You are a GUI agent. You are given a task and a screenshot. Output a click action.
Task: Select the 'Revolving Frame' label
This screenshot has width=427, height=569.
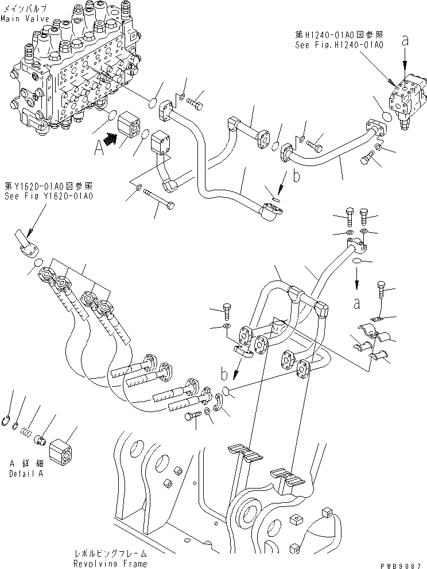tap(110, 563)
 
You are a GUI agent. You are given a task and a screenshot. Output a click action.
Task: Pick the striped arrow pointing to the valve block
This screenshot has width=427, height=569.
tap(110, 137)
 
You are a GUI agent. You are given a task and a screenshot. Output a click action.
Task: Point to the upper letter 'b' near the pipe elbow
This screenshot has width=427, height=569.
tap(297, 176)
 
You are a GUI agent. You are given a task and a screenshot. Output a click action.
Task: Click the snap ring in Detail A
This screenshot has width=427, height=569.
tap(7, 422)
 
